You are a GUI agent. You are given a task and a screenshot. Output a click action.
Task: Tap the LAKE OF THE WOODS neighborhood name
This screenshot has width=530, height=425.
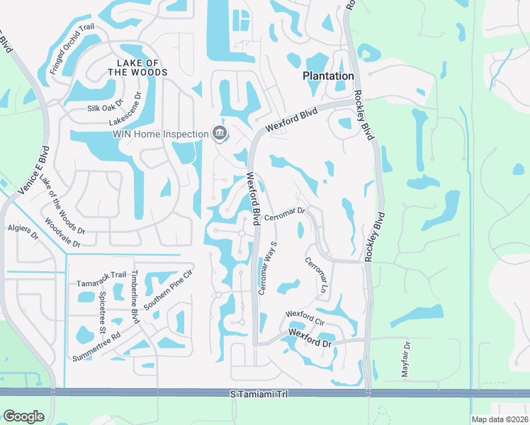(138, 67)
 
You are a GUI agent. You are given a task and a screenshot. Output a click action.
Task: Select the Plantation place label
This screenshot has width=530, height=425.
(328, 76)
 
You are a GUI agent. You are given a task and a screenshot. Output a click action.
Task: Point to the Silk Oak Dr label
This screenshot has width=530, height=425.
(105, 108)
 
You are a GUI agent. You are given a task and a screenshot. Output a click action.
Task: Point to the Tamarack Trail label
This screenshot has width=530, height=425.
(101, 274)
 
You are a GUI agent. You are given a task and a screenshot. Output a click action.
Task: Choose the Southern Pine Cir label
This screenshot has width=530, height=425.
(169, 288)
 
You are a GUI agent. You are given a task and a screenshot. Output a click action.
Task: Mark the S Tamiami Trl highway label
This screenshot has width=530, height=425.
(259, 393)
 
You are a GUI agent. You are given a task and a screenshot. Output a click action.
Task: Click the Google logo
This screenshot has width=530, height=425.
(23, 416)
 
